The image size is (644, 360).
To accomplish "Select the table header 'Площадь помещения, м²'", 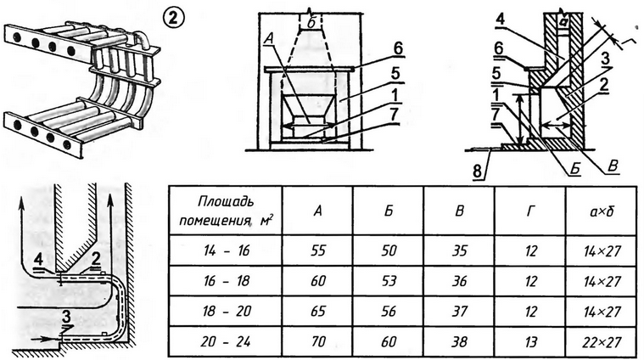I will coord(223,211).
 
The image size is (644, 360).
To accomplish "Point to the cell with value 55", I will coord(318,252).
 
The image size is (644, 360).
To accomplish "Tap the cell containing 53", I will coord(389,281).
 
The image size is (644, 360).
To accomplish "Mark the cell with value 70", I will coord(318,340).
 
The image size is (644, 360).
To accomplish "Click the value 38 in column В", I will coord(458,340).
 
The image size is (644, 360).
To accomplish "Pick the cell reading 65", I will coord(318,311).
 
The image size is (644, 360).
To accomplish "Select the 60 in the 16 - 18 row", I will coord(318,281).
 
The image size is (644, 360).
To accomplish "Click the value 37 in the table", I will coord(458,311).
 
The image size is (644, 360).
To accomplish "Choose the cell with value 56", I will coord(389,311).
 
